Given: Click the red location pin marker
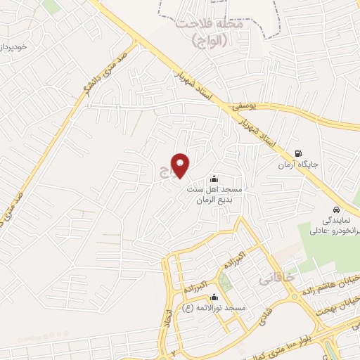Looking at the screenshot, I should [181, 166].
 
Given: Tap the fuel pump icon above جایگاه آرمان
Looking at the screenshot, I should [299, 154].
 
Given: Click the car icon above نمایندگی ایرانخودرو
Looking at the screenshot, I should [337, 210].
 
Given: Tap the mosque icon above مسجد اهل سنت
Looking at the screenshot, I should [214, 178].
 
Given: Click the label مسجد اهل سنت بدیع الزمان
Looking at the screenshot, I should [214, 194].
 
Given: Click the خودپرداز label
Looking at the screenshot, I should [14, 47].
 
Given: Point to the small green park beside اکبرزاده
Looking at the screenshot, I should [225, 282].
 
